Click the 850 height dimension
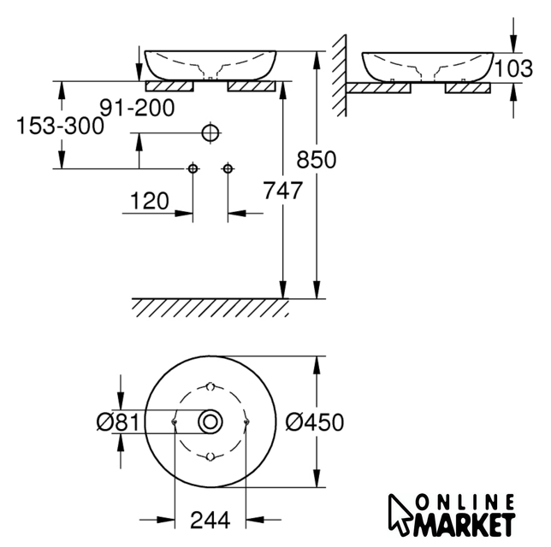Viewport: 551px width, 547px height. (x=317, y=160)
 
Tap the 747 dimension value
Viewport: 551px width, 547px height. (x=283, y=191)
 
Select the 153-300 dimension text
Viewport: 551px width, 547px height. (x=60, y=126)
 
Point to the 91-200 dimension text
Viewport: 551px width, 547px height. (x=137, y=108)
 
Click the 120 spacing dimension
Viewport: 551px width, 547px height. (x=150, y=201)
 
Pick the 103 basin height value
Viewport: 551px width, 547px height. (x=513, y=68)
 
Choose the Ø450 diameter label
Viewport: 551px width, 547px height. (x=315, y=422)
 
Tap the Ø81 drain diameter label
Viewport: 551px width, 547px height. (x=118, y=422)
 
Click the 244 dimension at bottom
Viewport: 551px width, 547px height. (x=210, y=520)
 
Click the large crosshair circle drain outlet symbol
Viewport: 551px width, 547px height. (x=210, y=133)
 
